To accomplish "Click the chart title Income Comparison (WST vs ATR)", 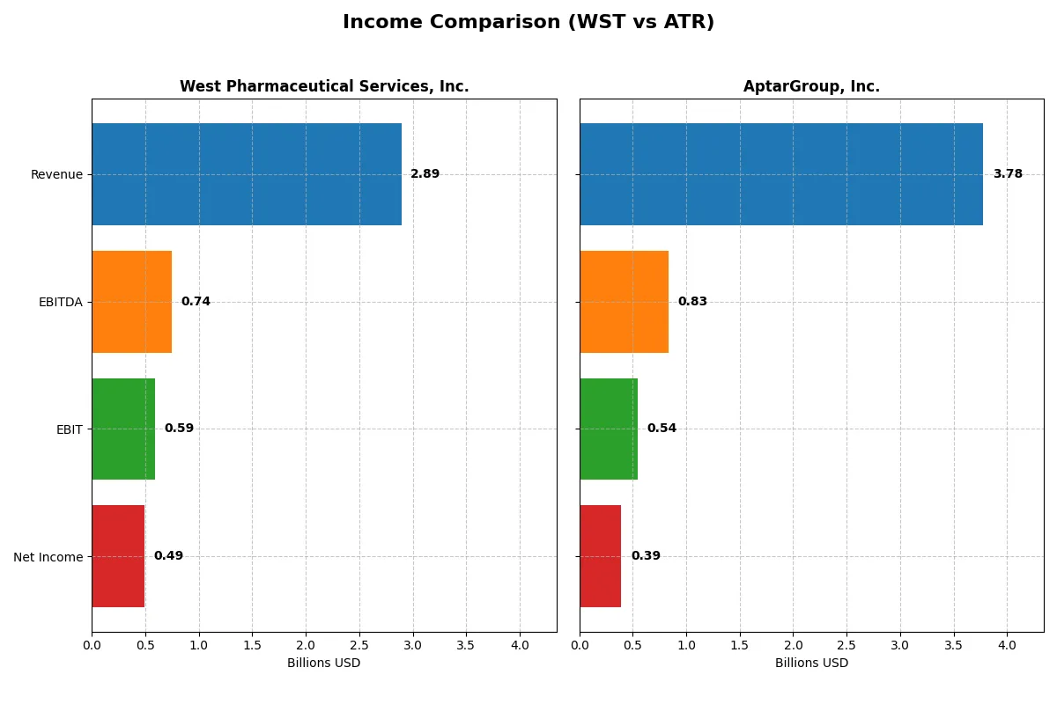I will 528,22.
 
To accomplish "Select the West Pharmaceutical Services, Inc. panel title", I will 324,86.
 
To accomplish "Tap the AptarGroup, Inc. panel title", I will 811,86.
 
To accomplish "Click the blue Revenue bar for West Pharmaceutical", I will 247,174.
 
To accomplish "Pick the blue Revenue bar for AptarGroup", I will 781,174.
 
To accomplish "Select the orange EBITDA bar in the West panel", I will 131,302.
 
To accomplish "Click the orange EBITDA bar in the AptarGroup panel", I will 624,302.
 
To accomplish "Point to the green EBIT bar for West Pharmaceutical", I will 123,429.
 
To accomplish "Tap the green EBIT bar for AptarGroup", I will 609,429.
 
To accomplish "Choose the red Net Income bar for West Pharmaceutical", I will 118,556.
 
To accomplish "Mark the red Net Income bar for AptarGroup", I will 600,556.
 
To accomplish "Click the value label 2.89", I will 425,174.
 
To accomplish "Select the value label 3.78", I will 1008,174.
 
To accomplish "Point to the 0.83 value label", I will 692,302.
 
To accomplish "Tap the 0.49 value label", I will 168,556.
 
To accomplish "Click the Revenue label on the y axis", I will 56,174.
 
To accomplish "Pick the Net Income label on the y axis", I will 48,557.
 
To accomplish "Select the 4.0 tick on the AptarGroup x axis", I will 1007,645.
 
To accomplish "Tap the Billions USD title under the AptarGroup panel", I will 811,663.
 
